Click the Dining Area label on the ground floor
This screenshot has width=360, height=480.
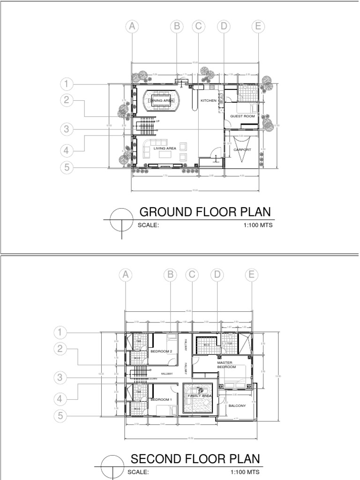click(162, 101)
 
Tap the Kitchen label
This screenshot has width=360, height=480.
click(209, 101)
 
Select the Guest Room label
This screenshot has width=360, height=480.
click(242, 116)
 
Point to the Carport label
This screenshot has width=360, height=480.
click(242, 150)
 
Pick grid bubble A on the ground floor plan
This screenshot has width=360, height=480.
click(133, 27)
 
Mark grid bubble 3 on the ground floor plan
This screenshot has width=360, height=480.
click(67, 129)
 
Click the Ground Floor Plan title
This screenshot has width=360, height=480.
click(205, 212)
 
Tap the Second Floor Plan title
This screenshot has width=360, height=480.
click(195, 458)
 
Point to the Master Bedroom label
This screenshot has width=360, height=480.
click(225, 365)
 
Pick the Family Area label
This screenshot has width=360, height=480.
click(200, 396)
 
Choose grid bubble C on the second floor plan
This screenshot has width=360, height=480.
click(191, 275)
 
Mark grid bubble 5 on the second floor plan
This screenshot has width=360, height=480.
click(60, 415)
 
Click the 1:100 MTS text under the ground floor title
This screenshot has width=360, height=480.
click(258, 225)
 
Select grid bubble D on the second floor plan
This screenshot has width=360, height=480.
click(217, 275)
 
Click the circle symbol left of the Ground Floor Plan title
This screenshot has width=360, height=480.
click(121, 219)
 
